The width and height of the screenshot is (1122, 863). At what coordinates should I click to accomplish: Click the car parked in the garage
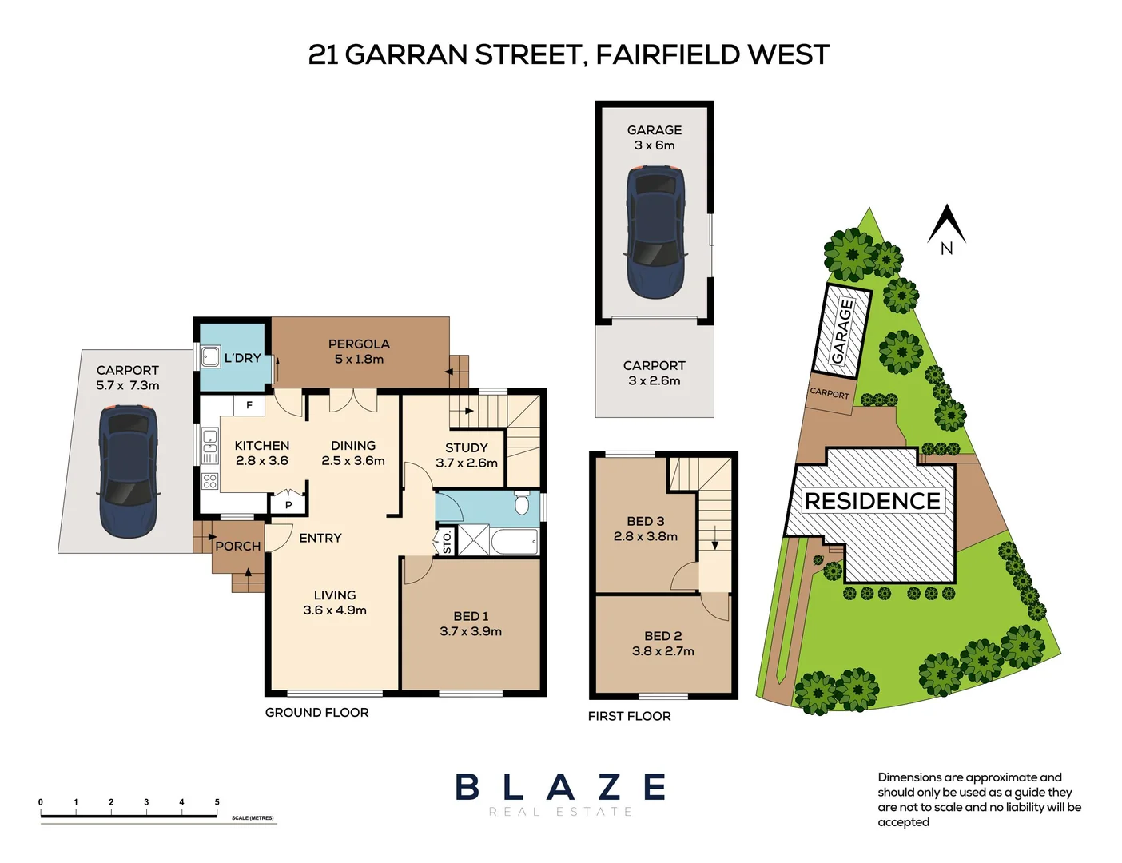[654, 232]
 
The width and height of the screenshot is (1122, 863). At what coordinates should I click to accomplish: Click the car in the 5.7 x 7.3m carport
[127, 471]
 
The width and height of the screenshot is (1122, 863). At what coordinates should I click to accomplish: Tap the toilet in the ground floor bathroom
[522, 504]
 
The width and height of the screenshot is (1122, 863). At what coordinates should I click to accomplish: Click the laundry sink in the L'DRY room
[210, 356]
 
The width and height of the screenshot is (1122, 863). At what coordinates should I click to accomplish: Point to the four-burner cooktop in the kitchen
[209, 481]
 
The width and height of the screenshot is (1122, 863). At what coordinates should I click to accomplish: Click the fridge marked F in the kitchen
[249, 405]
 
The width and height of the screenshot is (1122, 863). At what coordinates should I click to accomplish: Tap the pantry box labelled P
[288, 504]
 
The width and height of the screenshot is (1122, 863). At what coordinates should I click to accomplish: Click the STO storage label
[447, 543]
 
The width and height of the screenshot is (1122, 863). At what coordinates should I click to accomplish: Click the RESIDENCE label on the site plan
[872, 501]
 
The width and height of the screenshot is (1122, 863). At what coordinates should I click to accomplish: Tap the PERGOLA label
[359, 344]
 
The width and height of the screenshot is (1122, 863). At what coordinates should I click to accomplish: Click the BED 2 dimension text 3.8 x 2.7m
[662, 651]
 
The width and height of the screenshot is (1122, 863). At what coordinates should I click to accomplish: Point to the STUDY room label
[466, 447]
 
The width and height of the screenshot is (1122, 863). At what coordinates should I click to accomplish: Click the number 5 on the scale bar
[217, 802]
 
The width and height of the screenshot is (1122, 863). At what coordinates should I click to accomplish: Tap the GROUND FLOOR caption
[316, 712]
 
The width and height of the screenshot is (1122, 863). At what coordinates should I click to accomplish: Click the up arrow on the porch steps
[249, 573]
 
